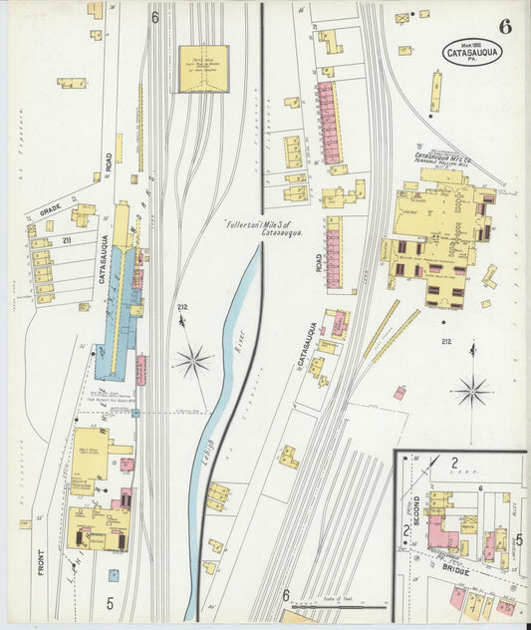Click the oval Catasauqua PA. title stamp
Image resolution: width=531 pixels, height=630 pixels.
[x=473, y=51]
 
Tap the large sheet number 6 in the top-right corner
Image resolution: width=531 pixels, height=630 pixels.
[x=505, y=26]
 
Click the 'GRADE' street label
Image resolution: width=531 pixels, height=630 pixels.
[x=49, y=209]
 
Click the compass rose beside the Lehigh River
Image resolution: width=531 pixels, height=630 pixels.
[x=192, y=360]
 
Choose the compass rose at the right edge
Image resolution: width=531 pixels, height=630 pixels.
[x=472, y=390]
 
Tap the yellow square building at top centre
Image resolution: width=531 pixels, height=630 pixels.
[x=203, y=68]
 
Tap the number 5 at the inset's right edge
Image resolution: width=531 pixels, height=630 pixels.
[x=519, y=542]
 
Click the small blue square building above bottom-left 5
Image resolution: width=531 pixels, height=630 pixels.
[x=114, y=574]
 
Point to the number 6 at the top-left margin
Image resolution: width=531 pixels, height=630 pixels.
[x=155, y=17]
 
